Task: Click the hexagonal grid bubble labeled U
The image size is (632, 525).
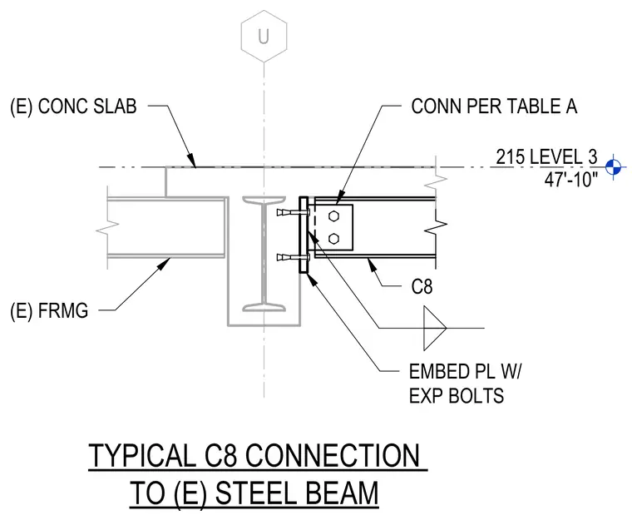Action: (264, 37)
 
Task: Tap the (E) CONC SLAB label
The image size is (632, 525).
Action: (73, 106)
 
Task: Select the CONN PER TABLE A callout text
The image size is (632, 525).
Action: (494, 106)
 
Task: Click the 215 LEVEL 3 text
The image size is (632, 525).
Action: (546, 157)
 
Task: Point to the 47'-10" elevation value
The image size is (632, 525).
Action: (571, 179)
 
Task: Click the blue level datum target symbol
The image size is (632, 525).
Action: (614, 166)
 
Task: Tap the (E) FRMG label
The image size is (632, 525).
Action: (49, 311)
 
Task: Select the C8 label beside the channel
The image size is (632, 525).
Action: (422, 287)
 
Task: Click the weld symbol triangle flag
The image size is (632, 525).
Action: (435, 328)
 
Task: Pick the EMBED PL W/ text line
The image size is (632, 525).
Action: (465, 371)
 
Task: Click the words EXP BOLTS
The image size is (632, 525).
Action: (457, 395)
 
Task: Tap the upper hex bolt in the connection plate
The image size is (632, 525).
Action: (333, 216)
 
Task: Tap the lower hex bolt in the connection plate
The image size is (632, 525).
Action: (333, 239)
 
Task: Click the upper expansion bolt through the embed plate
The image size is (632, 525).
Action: (293, 212)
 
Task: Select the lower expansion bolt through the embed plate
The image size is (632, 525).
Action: (293, 257)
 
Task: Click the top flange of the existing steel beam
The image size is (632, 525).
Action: (264, 200)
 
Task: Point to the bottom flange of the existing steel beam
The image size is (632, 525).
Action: (264, 308)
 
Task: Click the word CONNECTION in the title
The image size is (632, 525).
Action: (332, 455)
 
